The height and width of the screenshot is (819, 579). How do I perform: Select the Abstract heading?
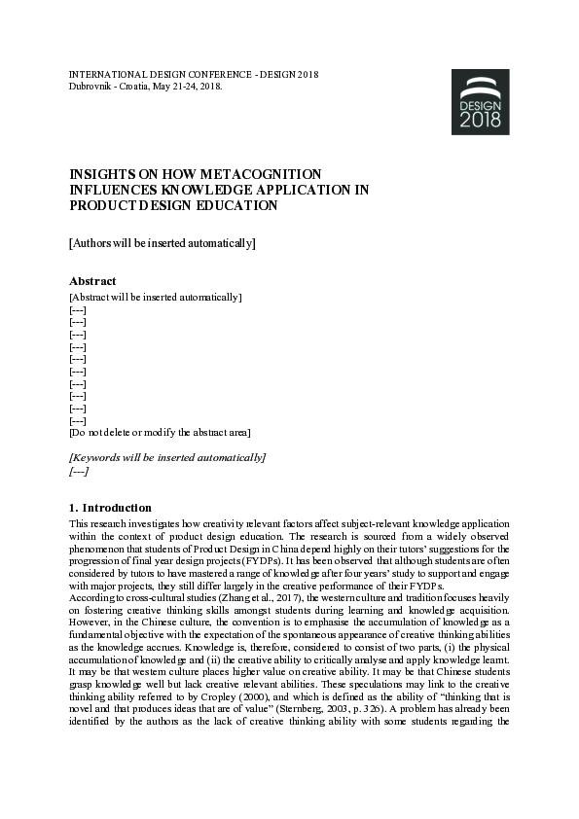[x=92, y=281]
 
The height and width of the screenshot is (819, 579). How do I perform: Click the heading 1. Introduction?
[x=110, y=508]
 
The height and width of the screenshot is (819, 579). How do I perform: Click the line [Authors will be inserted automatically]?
[x=162, y=243]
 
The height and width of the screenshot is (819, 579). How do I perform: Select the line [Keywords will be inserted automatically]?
[x=166, y=457]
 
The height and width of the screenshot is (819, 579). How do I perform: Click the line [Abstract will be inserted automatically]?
[x=156, y=297]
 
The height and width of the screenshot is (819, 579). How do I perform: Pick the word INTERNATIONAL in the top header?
[x=106, y=74]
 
